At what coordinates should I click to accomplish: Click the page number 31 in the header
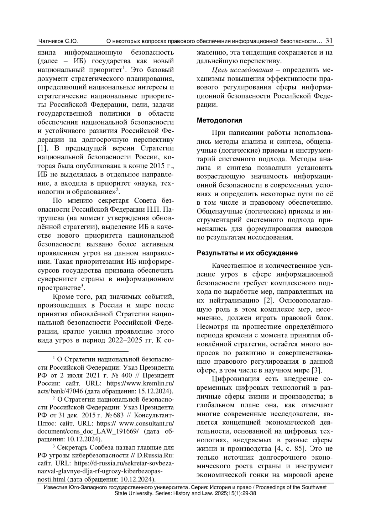(x=329, y=41)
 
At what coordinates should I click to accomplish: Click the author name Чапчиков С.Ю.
(x=58, y=41)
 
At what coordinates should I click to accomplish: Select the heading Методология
(x=219, y=120)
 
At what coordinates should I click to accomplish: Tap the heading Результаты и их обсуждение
(x=247, y=253)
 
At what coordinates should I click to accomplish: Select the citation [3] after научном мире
(x=317, y=370)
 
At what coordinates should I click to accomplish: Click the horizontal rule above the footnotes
(x=83, y=351)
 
